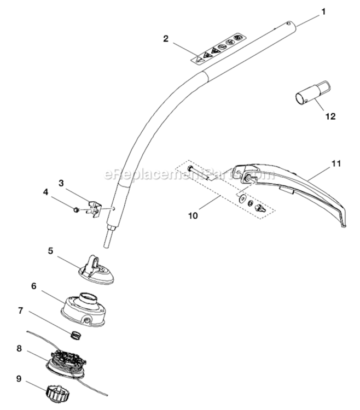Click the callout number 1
point(323,11)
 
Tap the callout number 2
point(165,38)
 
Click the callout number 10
point(192,216)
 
